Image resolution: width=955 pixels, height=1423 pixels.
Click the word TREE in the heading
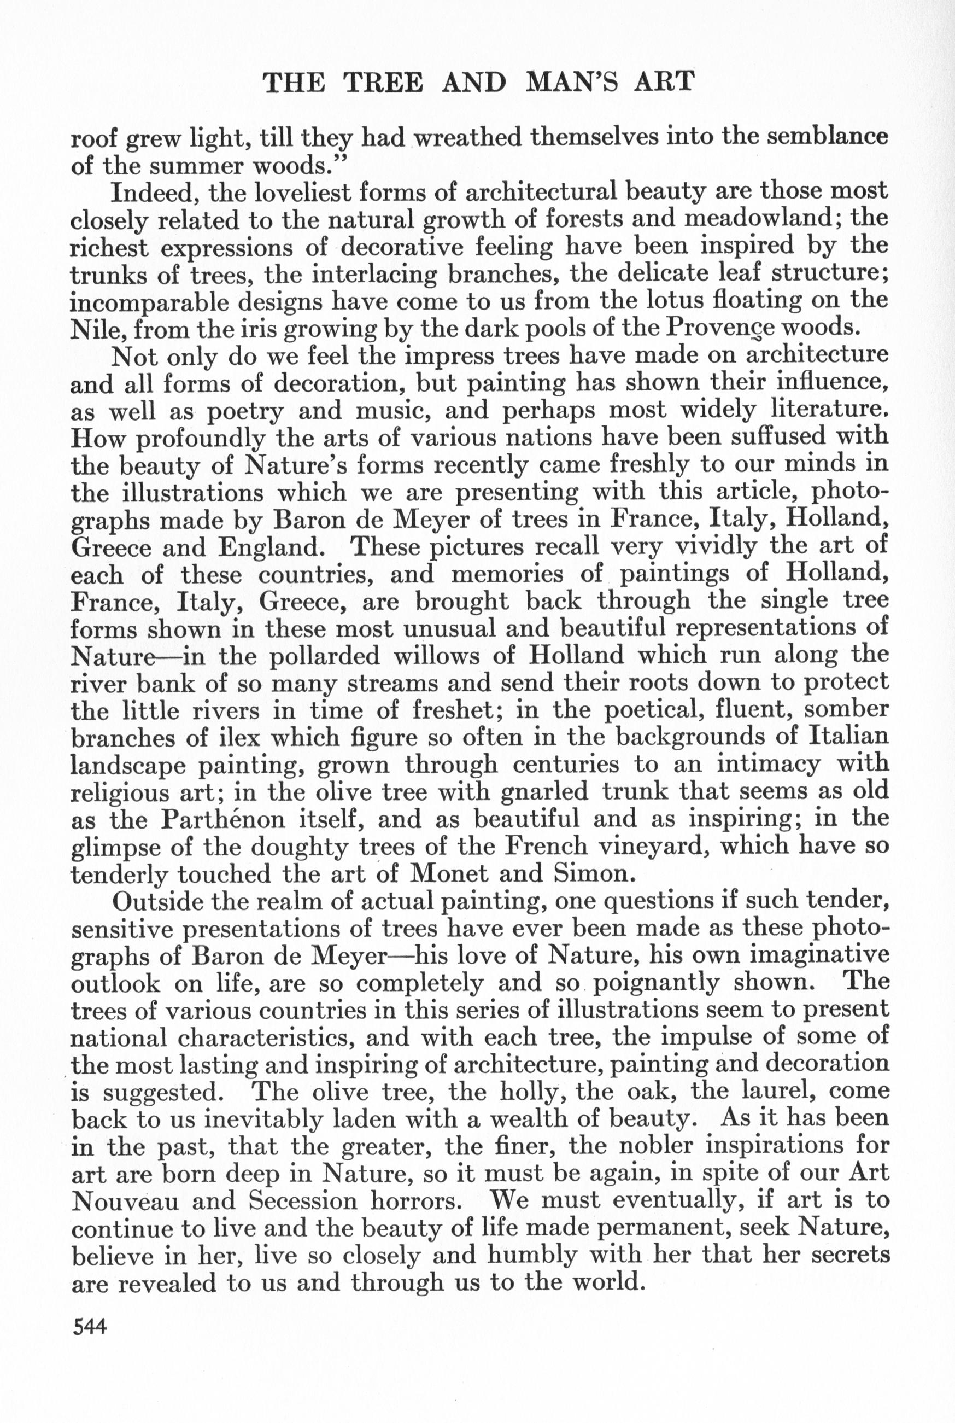point(383,82)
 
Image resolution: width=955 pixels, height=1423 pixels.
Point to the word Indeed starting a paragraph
point(156,193)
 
